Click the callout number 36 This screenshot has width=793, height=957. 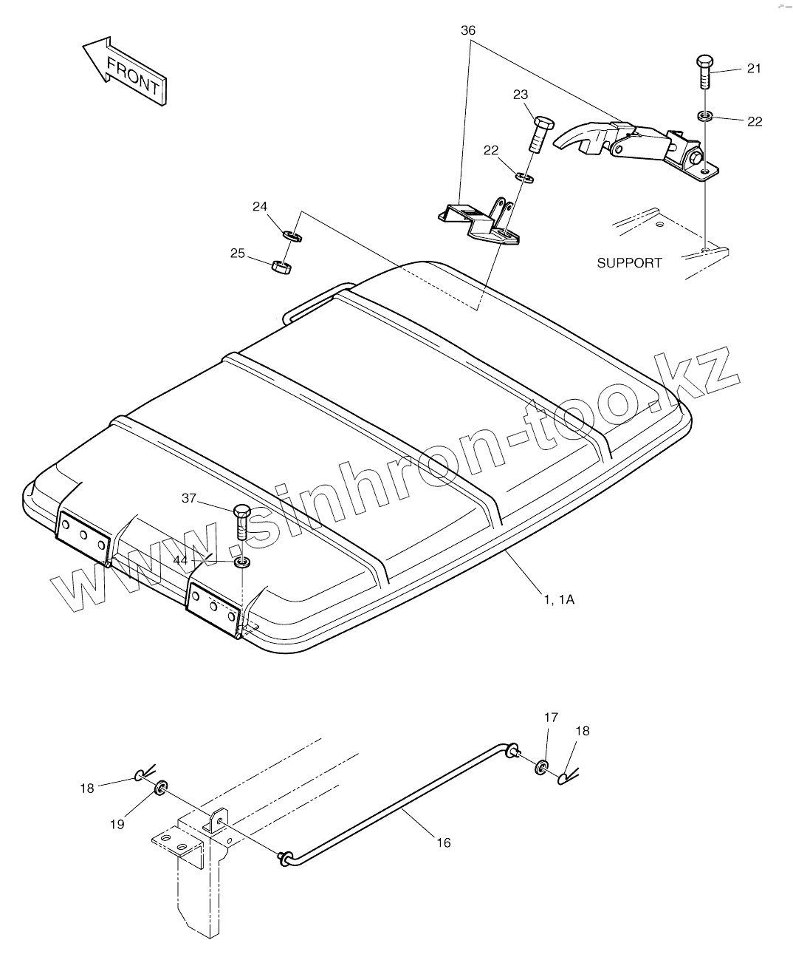click(x=468, y=30)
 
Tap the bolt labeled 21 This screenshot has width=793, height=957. click(x=704, y=72)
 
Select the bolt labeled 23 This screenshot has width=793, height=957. click(x=539, y=132)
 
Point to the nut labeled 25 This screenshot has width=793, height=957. click(x=281, y=266)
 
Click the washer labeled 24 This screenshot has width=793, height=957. click(x=292, y=236)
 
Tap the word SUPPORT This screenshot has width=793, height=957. click(x=629, y=262)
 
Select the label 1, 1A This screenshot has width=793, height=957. click(x=559, y=599)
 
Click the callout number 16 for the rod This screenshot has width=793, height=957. click(x=443, y=842)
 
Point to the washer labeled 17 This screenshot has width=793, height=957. click(x=543, y=767)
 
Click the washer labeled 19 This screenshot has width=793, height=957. click(x=161, y=790)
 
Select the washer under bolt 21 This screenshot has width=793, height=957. click(x=704, y=116)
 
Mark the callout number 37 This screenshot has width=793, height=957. click(x=189, y=498)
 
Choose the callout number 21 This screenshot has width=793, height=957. click(x=753, y=68)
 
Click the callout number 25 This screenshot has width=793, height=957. click(x=237, y=253)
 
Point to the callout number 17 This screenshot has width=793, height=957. click(x=551, y=717)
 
